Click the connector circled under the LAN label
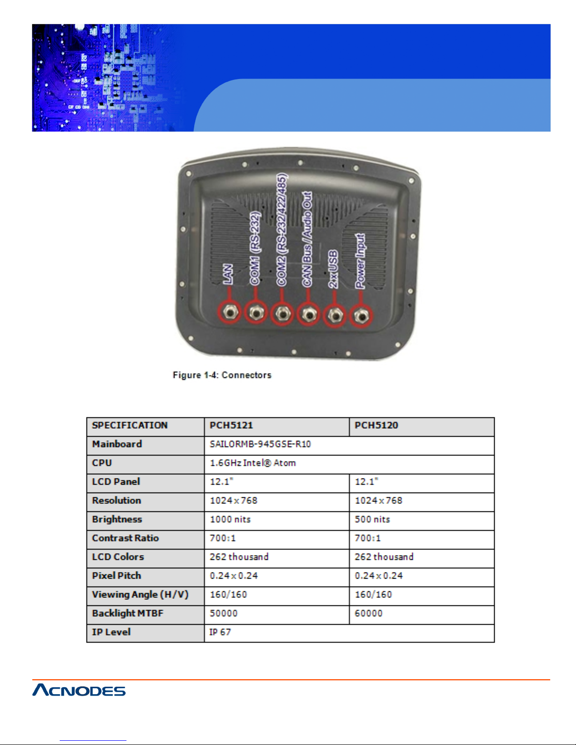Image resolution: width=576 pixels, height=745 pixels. coord(229,313)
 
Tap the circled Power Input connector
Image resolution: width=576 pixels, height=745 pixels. coord(361,315)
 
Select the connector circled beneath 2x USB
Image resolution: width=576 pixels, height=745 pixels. coord(335,315)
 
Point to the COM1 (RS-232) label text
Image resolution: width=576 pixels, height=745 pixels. coord(255,248)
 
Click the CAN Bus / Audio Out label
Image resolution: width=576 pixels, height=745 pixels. coord(307,239)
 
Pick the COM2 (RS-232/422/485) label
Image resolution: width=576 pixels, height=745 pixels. coord(282,230)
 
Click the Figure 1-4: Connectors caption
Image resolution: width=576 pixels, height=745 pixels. coord(222,375)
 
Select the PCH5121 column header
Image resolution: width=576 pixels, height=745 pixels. coord(231,425)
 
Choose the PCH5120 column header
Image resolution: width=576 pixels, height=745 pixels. coord(376,425)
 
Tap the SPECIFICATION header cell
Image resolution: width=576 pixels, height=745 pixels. coord(130,425)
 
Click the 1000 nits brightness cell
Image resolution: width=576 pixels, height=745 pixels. coord(230,519)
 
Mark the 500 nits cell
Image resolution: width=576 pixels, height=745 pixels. coord(372,519)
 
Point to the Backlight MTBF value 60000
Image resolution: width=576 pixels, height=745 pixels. coord(369,613)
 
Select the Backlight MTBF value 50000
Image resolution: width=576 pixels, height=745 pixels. coord(224,613)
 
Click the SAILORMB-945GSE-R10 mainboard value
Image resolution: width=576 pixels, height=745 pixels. coord(260,444)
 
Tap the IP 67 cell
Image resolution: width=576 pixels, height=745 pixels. coord(220,632)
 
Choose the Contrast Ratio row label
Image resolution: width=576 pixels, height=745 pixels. coord(126,538)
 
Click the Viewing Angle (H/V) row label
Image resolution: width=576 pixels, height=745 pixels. coord(140,595)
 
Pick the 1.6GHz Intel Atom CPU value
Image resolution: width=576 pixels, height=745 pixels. coord(253,463)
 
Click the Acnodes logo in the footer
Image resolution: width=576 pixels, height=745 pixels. coord(79,690)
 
